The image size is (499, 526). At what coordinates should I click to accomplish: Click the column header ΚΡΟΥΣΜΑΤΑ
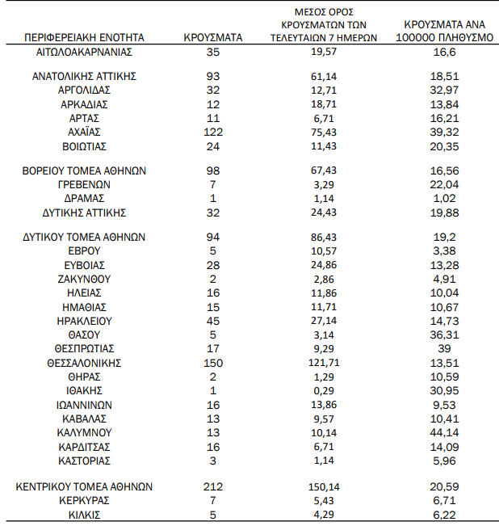coord(213,37)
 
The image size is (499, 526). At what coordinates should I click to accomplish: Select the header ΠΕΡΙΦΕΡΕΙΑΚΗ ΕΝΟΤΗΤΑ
coord(85,37)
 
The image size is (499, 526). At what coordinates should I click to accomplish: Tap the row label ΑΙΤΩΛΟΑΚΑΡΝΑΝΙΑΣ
coord(85,52)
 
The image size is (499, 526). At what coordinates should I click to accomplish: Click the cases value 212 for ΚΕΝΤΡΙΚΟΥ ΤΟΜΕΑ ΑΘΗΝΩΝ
coord(213,486)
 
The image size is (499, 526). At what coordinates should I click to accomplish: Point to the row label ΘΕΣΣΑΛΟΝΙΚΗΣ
coord(85,363)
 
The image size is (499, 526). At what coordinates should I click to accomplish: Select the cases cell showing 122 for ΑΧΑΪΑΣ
coord(213,132)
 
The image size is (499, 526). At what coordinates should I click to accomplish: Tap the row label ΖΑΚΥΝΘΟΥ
coord(85,279)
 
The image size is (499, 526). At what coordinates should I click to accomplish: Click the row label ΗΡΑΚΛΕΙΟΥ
coord(85,321)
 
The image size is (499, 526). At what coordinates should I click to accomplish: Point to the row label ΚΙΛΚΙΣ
coord(85,515)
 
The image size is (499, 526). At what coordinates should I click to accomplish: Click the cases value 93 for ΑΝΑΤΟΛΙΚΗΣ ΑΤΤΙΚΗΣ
coord(213,76)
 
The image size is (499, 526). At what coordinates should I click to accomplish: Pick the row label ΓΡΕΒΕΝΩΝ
coord(85,184)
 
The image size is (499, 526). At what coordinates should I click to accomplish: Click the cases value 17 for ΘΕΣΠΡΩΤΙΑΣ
coord(213,349)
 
